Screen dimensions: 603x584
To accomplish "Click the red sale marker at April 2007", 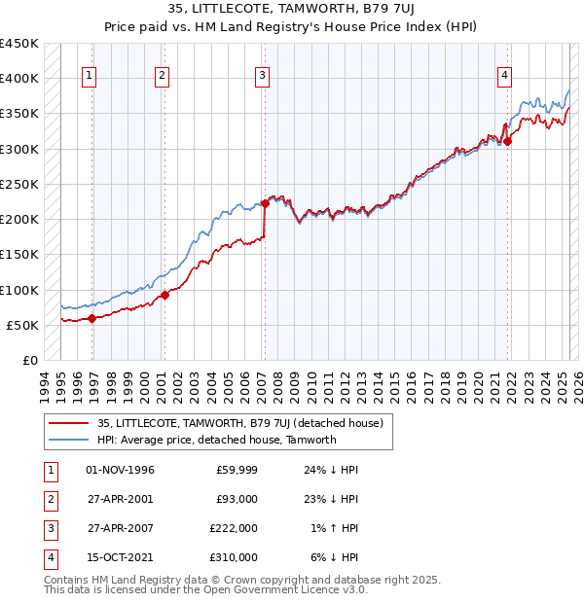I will point(265,203).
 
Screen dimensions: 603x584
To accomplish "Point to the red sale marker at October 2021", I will point(508,141).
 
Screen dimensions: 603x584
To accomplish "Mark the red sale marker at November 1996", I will point(91,317).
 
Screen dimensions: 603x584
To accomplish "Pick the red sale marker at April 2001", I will point(165,294).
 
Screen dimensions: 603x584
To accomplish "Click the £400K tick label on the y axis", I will point(19,79).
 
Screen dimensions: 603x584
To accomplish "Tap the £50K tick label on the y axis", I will point(23,325).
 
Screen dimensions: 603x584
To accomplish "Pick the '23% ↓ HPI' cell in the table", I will point(330,499).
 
